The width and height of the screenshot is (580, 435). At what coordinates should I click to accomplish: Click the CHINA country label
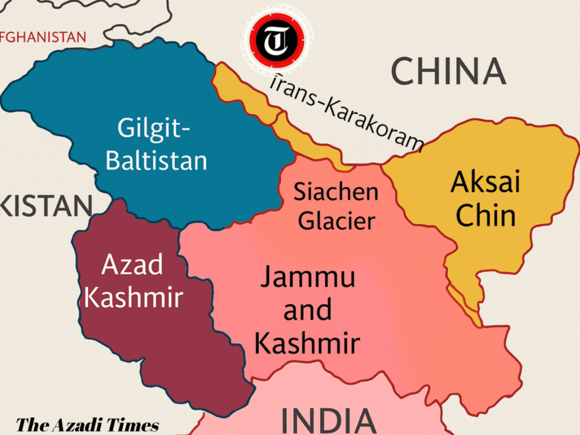click(x=448, y=71)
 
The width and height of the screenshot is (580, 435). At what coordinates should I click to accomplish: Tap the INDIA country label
click(x=329, y=421)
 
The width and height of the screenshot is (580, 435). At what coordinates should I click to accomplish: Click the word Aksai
click(x=485, y=182)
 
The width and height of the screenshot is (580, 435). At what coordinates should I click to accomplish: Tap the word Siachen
click(x=336, y=191)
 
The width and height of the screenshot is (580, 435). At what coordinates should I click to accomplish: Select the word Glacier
click(x=337, y=220)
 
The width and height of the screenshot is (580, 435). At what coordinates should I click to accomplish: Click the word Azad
click(x=132, y=266)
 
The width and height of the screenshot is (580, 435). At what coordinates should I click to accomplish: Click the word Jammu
click(x=307, y=278)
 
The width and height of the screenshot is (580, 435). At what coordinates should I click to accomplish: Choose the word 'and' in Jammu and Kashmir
click(x=307, y=310)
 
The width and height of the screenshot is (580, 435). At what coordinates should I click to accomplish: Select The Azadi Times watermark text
click(x=87, y=425)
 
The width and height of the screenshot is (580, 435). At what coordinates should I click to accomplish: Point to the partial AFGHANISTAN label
click(x=43, y=37)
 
